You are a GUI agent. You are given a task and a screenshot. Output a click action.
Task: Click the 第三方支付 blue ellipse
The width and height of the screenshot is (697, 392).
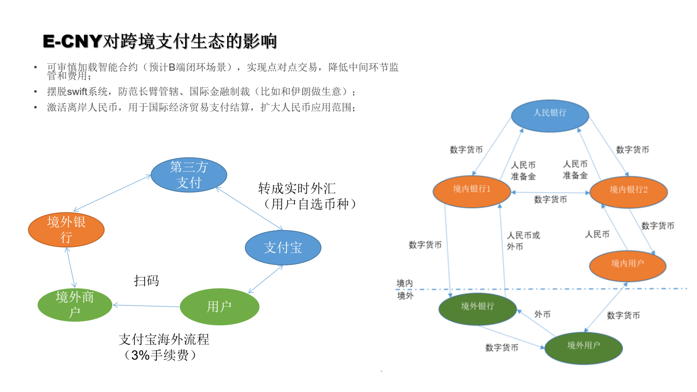pyautogui.click(x=189, y=175)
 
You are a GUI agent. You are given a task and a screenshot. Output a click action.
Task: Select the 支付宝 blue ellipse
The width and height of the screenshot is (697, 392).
pyautogui.click(x=283, y=248)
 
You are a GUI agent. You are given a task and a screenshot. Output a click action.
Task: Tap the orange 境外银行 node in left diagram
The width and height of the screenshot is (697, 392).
pyautogui.click(x=66, y=230)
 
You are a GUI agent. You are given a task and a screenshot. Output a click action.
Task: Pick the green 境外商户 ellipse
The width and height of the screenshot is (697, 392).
pyautogui.click(x=75, y=305)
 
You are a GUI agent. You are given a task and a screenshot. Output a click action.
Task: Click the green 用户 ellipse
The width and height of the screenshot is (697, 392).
pyautogui.click(x=219, y=307)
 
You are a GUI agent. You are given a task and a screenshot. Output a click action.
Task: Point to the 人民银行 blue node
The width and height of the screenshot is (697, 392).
pyautogui.click(x=550, y=115)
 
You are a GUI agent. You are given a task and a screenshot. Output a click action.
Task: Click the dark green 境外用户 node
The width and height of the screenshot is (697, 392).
pyautogui.click(x=583, y=348)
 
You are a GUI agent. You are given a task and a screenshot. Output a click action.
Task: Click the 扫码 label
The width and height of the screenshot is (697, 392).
pyautogui.click(x=146, y=281)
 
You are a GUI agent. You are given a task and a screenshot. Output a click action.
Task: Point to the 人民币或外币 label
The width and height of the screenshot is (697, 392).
pyautogui.click(x=523, y=241)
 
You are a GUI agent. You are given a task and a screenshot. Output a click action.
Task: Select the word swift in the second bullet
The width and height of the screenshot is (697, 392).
pyautogui.click(x=77, y=91)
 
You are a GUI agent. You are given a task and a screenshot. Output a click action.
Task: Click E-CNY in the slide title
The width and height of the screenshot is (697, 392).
pyautogui.click(x=72, y=41)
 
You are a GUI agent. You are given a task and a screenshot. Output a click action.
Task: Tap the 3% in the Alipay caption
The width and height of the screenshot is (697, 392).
pyautogui.click(x=140, y=355)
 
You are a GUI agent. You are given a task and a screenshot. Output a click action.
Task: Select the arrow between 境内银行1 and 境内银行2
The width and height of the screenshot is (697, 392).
pyautogui.click(x=550, y=192)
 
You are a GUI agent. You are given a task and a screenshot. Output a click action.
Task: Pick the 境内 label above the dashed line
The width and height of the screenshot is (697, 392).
pyautogui.click(x=404, y=283)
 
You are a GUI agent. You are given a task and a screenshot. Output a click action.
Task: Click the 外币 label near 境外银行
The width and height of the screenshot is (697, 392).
pyautogui.click(x=542, y=314)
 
